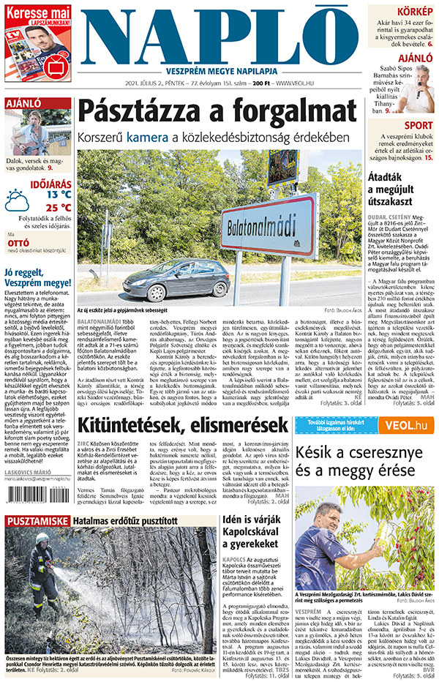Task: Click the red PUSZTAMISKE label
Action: pyautogui.click(x=37, y=521)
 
